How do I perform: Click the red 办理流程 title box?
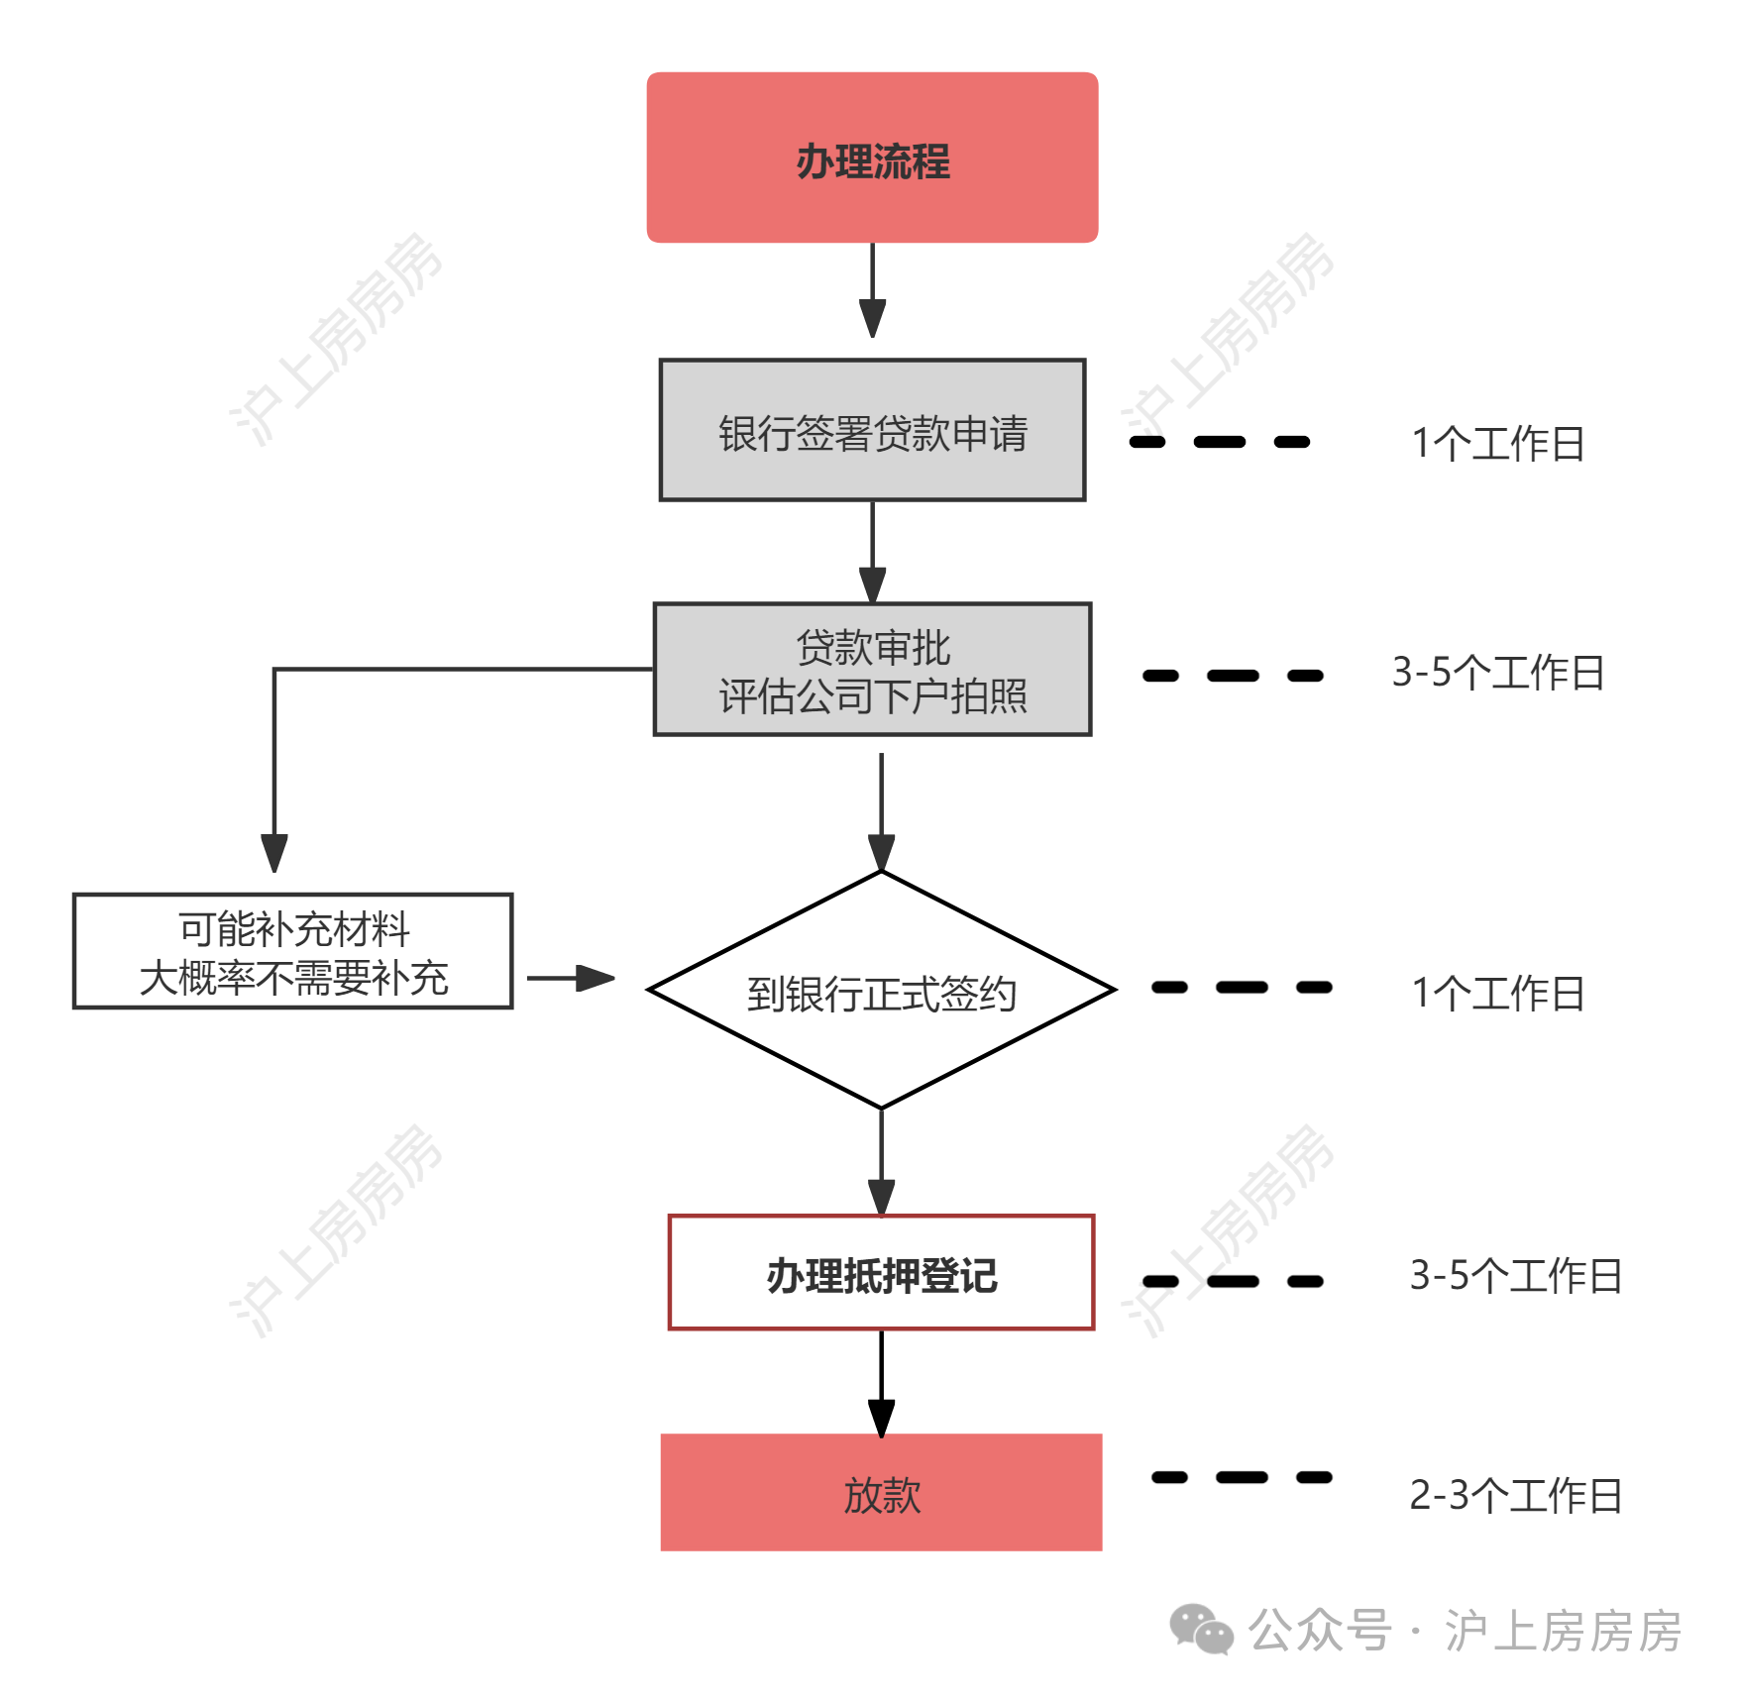pyautogui.click(x=872, y=158)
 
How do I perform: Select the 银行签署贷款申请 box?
pyautogui.click(x=872, y=430)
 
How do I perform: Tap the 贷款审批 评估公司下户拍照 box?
pyautogui.click(x=872, y=670)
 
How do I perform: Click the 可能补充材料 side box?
pyautogui.click(x=293, y=951)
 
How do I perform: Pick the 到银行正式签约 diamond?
pyautogui.click(x=881, y=990)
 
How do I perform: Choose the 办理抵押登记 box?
pyautogui.click(x=881, y=1272)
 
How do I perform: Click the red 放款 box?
pyautogui.click(x=881, y=1492)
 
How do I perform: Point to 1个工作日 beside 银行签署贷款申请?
pyautogui.click(x=1497, y=443)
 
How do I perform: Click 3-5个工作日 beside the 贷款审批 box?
pyautogui.click(x=1497, y=672)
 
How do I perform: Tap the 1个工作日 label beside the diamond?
pyautogui.click(x=1497, y=993)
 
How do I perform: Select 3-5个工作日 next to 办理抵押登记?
pyautogui.click(x=1515, y=1275)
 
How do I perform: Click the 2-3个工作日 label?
pyautogui.click(x=1515, y=1495)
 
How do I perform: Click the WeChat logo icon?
pyautogui.click(x=1201, y=1630)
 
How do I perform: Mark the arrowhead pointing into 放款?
pyautogui.click(x=881, y=1418)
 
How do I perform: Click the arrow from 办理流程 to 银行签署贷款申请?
pyautogui.click(x=872, y=290)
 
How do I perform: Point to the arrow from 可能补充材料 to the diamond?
pyautogui.click(x=571, y=979)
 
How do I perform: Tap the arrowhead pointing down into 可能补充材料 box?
pyautogui.click(x=274, y=853)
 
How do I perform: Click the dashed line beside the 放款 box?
pyautogui.click(x=1242, y=1477)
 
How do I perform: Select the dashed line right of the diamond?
pyautogui.click(x=1242, y=987)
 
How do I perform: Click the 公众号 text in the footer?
pyautogui.click(x=1320, y=1630)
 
